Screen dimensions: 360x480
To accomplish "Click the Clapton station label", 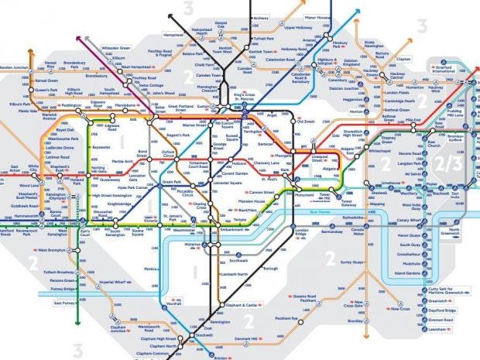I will point(405,58).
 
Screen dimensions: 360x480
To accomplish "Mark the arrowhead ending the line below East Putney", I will point(77,324).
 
